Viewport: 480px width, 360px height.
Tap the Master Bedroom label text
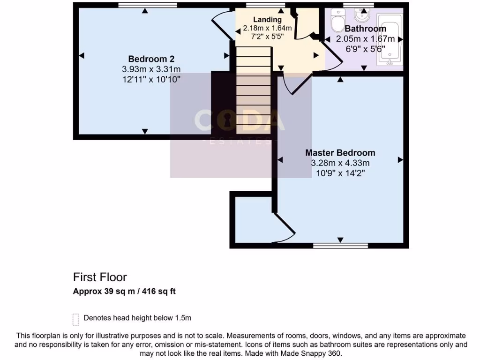pos(340,153)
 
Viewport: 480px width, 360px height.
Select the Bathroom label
pos(365,29)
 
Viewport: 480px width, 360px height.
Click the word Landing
pos(267,20)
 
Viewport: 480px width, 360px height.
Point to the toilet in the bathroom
pos(337,22)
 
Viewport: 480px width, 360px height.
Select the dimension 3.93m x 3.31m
pos(151,69)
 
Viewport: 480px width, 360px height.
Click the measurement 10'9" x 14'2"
pos(340,173)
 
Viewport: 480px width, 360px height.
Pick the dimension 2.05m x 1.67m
pos(365,39)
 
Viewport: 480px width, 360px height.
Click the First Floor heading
pos(100,277)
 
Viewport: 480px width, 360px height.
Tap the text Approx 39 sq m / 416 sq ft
pos(124,291)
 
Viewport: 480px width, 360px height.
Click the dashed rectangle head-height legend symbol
pos(75,319)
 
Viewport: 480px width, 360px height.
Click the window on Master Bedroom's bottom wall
pos(340,245)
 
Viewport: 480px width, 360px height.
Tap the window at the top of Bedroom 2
pos(147,6)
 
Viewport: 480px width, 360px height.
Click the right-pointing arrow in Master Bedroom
pos(400,160)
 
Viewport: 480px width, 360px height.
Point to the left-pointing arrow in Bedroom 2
pos(82,56)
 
